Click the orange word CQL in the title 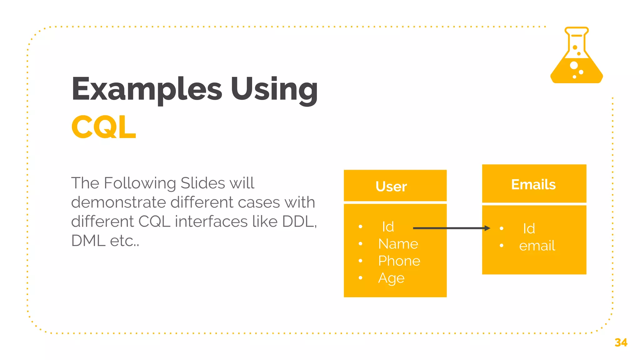tap(104, 127)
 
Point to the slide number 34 tap(621, 342)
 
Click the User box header tap(391, 186)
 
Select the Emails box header tap(533, 184)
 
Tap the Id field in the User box tap(388, 227)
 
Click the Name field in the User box tap(398, 244)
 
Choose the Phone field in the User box tap(399, 261)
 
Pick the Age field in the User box tap(391, 278)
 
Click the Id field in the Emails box tap(529, 228)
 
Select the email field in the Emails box tap(537, 246)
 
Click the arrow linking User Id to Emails tap(451, 228)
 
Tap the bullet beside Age tap(361, 277)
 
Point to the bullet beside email tap(502, 246)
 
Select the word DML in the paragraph tap(88, 241)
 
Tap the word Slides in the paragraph tap(202, 183)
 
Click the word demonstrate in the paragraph tap(118, 202)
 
